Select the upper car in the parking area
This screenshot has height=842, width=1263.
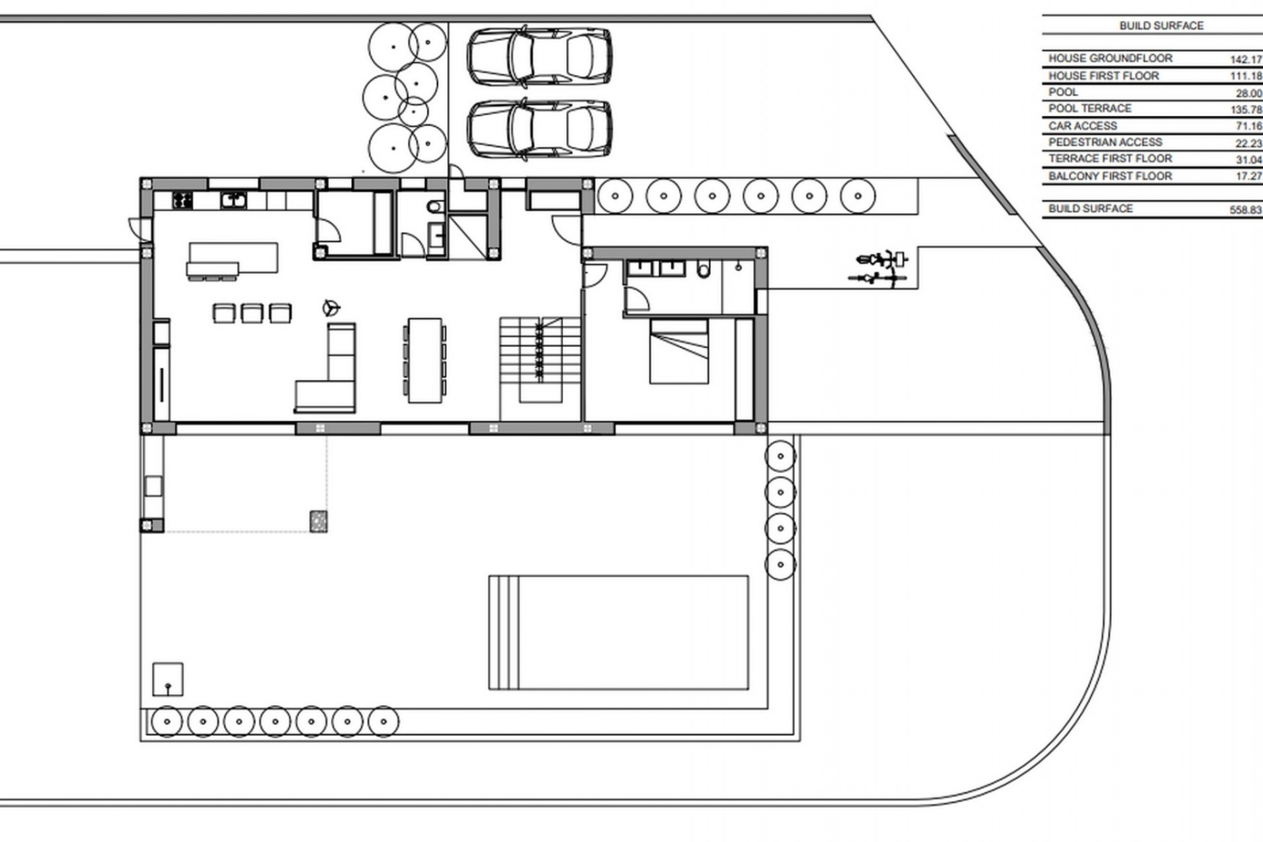[539, 55]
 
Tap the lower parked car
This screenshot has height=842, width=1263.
[539, 128]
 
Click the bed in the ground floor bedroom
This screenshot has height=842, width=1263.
[679, 351]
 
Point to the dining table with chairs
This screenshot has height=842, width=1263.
[424, 360]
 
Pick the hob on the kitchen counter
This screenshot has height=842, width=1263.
[183, 200]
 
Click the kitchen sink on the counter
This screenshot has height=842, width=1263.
[234, 199]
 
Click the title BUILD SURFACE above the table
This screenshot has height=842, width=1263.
[1161, 26]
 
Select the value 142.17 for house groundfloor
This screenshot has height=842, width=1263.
[1245, 59]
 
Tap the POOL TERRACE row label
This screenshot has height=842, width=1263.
[1089, 109]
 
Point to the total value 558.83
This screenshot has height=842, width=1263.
[1245, 210]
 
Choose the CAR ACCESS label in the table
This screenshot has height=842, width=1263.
[1082, 126]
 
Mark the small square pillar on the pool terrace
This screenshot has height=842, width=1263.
[318, 521]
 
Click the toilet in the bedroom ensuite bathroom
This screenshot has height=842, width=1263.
[703, 270]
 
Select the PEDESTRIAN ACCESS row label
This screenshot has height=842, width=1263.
[1105, 142]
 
